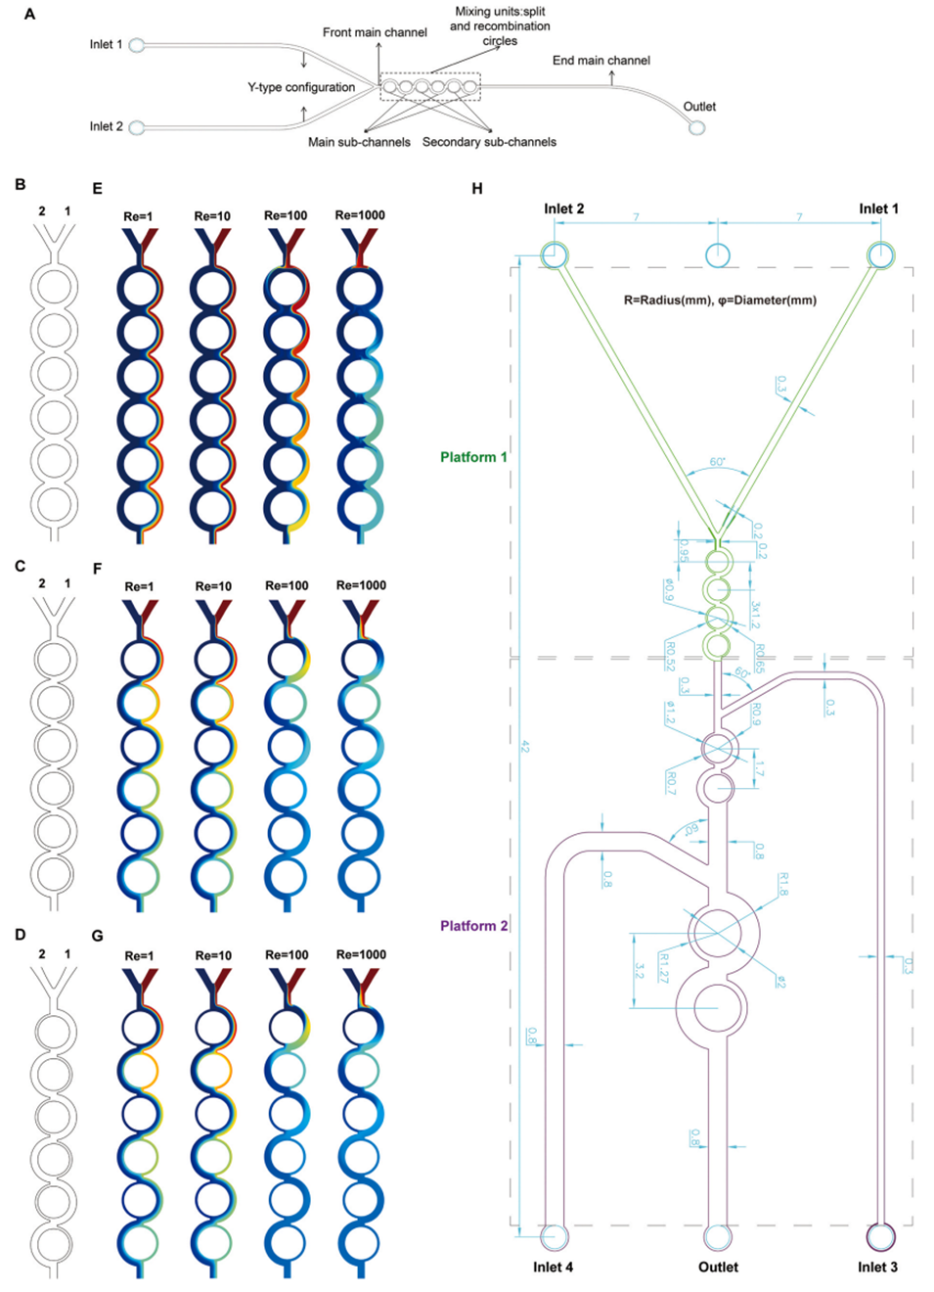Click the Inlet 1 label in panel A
(x=106, y=44)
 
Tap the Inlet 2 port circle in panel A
(x=137, y=127)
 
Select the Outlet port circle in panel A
(x=696, y=127)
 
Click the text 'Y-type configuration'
(x=301, y=87)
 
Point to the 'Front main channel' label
(x=375, y=32)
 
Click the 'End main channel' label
(x=600, y=61)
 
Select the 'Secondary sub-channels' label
(x=489, y=142)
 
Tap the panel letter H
(x=477, y=188)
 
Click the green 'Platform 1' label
(x=473, y=457)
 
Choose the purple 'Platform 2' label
(x=473, y=926)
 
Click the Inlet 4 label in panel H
(x=553, y=1267)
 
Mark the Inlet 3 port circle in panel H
(x=880, y=1236)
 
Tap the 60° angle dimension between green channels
(x=718, y=462)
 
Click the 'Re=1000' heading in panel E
(x=360, y=215)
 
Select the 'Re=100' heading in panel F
(x=287, y=585)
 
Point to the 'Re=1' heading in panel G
(x=139, y=955)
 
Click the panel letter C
(x=21, y=566)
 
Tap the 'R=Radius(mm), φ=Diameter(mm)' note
(x=720, y=300)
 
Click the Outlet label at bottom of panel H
(x=718, y=1267)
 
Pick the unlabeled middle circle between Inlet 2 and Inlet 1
(x=718, y=254)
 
